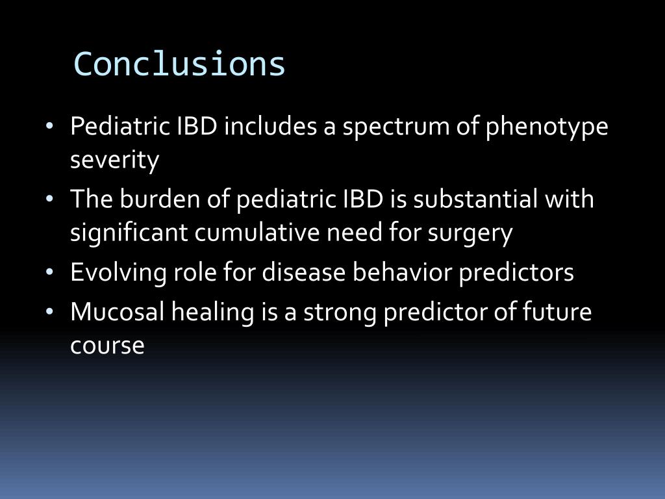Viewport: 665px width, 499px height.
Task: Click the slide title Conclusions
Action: tap(180, 64)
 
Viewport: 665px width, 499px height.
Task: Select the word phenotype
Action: tap(547, 127)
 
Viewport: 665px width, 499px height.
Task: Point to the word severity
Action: tap(114, 160)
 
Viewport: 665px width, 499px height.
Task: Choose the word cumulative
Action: tap(266, 232)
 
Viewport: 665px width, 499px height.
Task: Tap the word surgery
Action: tap(470, 232)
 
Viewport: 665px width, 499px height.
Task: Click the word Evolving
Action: tap(117, 272)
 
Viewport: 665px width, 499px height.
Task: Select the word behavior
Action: tap(402, 272)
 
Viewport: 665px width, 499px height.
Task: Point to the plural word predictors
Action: tap(516, 272)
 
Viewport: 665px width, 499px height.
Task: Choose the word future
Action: tap(557, 312)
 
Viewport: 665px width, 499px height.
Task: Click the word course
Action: tap(107, 345)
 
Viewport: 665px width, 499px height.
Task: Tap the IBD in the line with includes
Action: tap(197, 127)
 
